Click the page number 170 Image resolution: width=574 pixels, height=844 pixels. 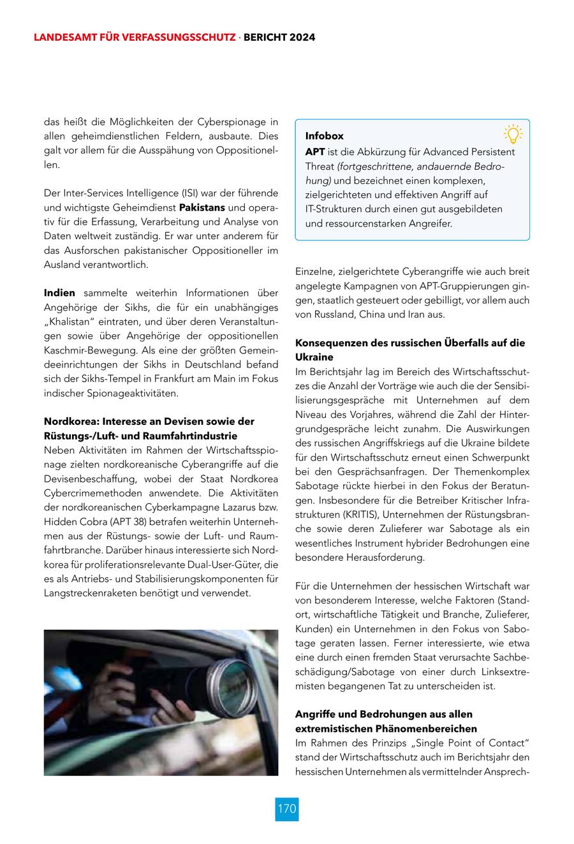coord(287,809)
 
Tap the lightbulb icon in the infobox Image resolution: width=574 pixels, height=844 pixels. coord(513,133)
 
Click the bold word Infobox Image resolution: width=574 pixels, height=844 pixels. coord(324,136)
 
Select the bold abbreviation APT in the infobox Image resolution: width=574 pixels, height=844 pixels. coord(315,152)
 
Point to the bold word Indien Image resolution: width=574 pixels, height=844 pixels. coord(59,293)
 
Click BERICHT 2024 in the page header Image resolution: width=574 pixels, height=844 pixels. coord(279,38)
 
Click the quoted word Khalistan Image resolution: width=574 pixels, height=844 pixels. coord(70,321)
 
